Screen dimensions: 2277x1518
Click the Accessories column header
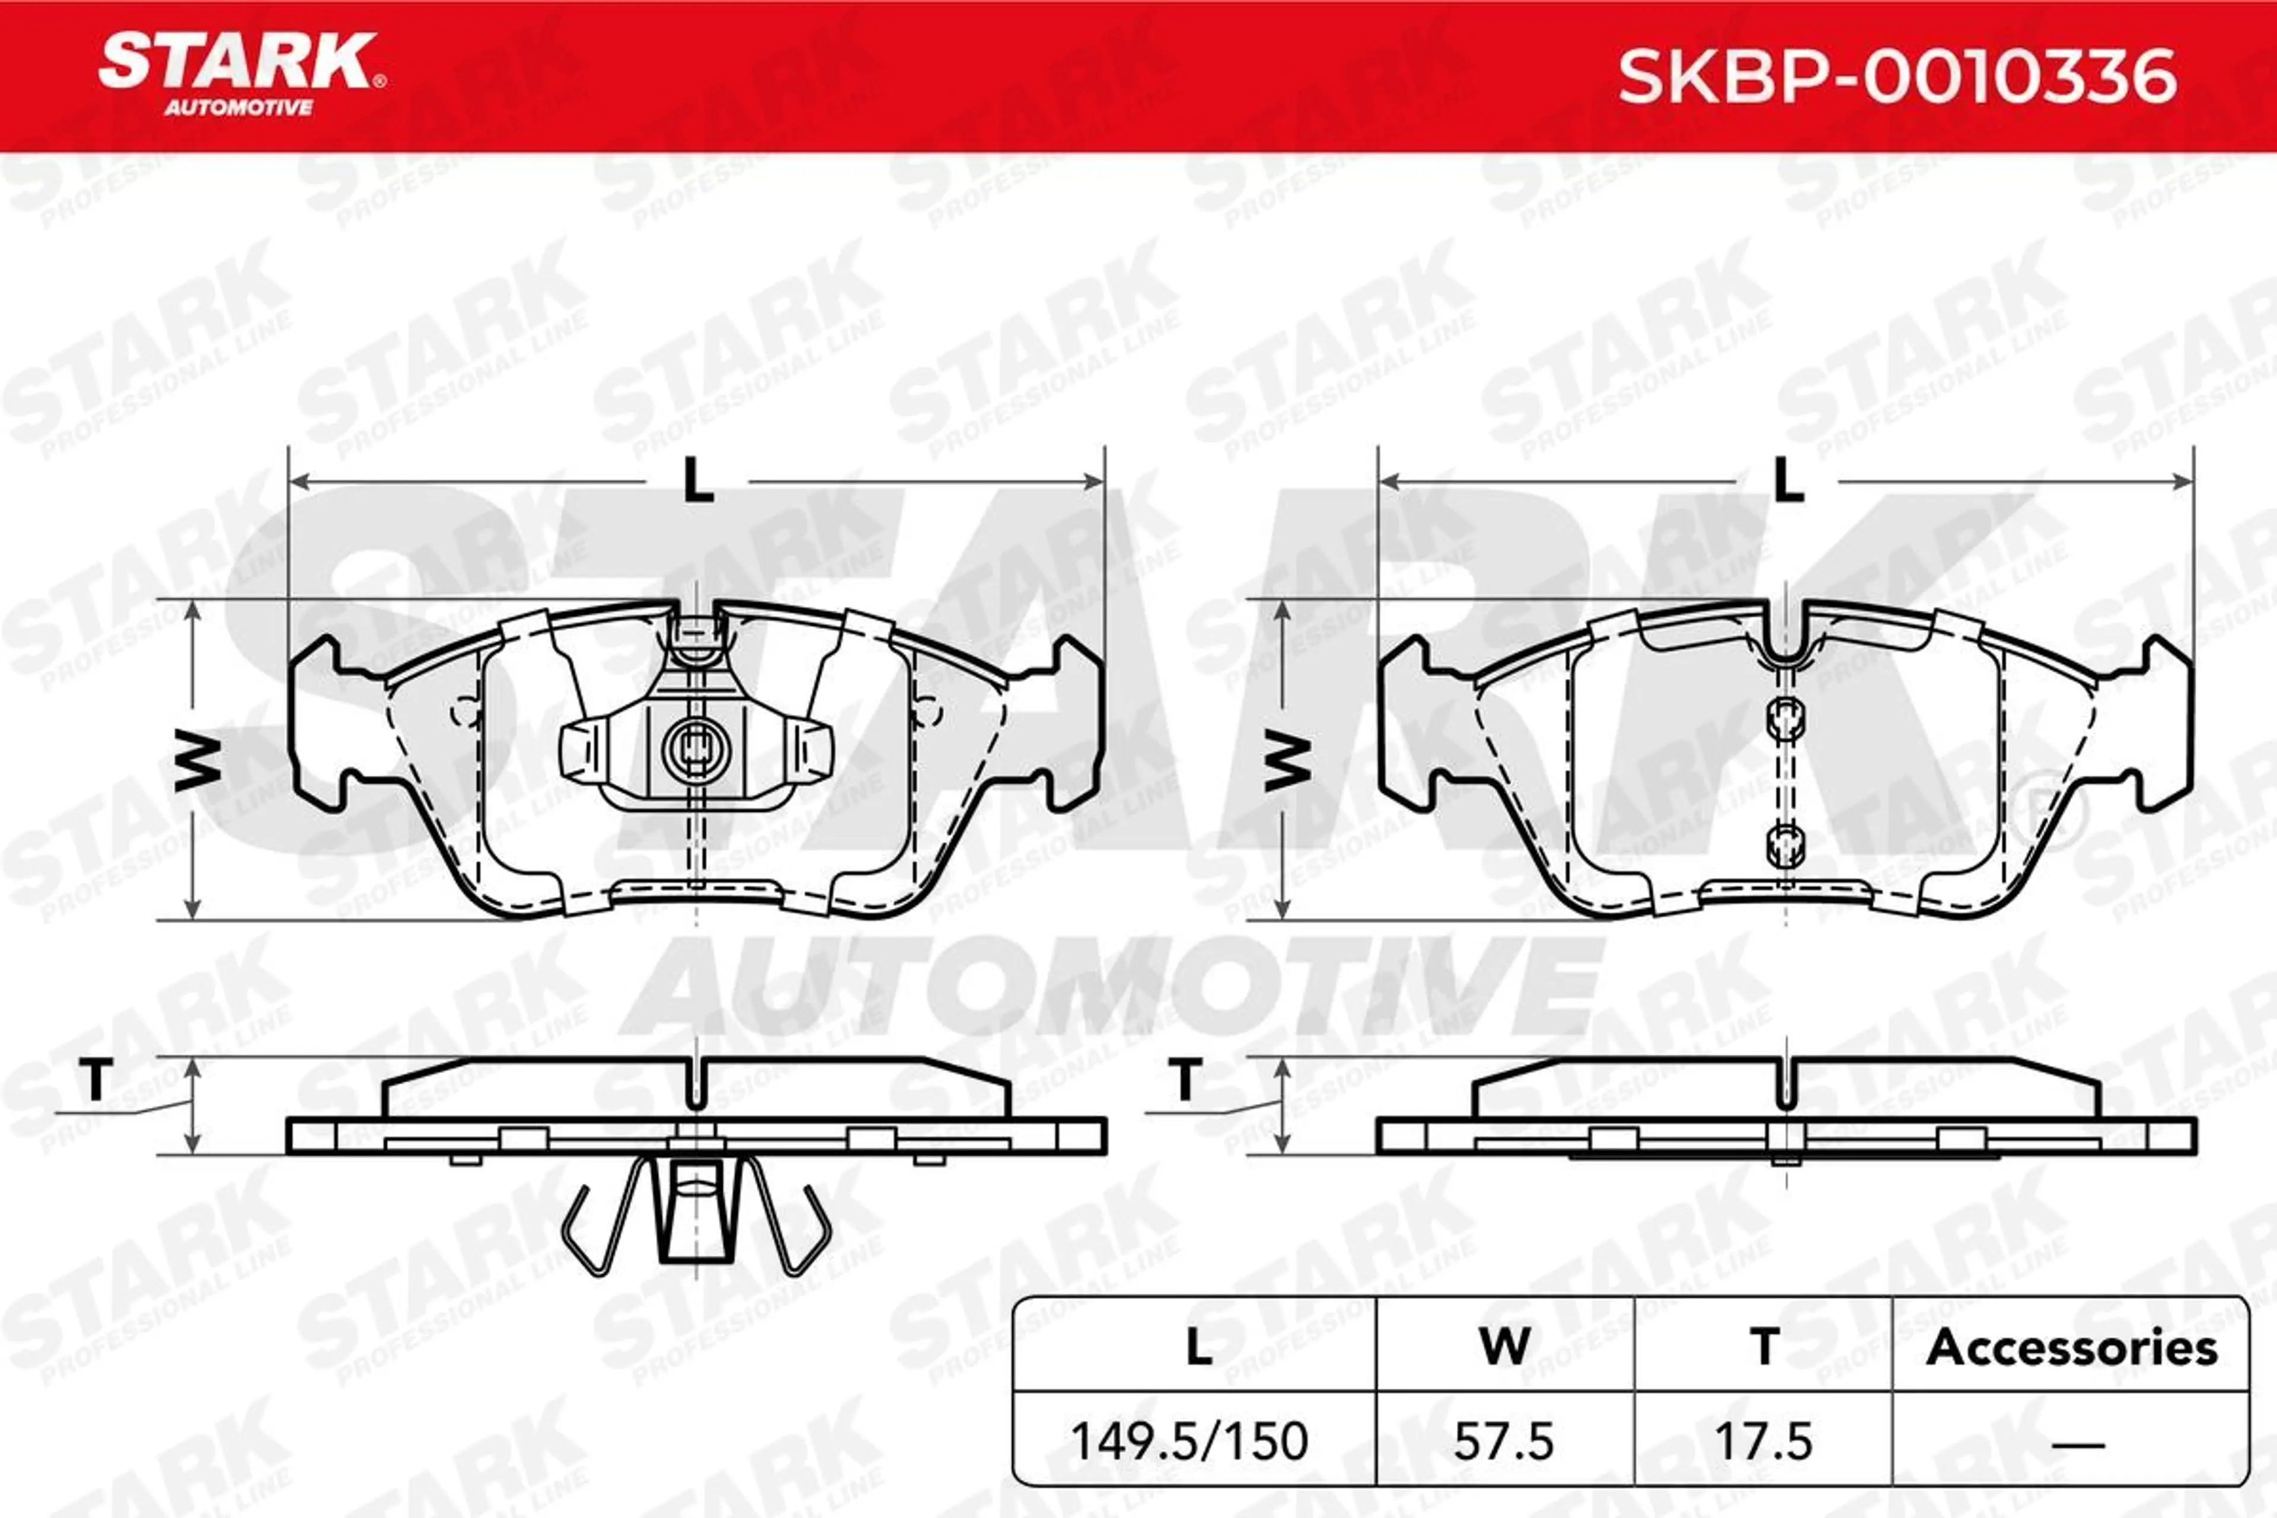[x=2072, y=1348]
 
